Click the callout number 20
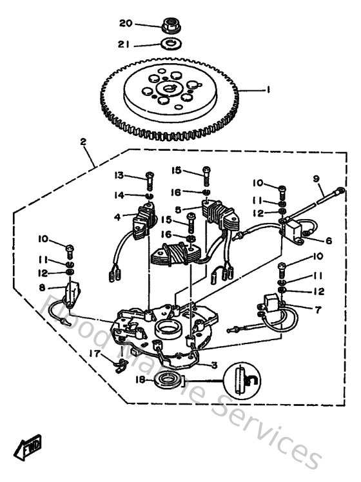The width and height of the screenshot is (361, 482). point(125,23)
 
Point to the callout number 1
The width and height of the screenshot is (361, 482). point(268,90)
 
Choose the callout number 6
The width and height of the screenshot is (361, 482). point(328,241)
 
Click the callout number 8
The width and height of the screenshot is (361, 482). point(43,287)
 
